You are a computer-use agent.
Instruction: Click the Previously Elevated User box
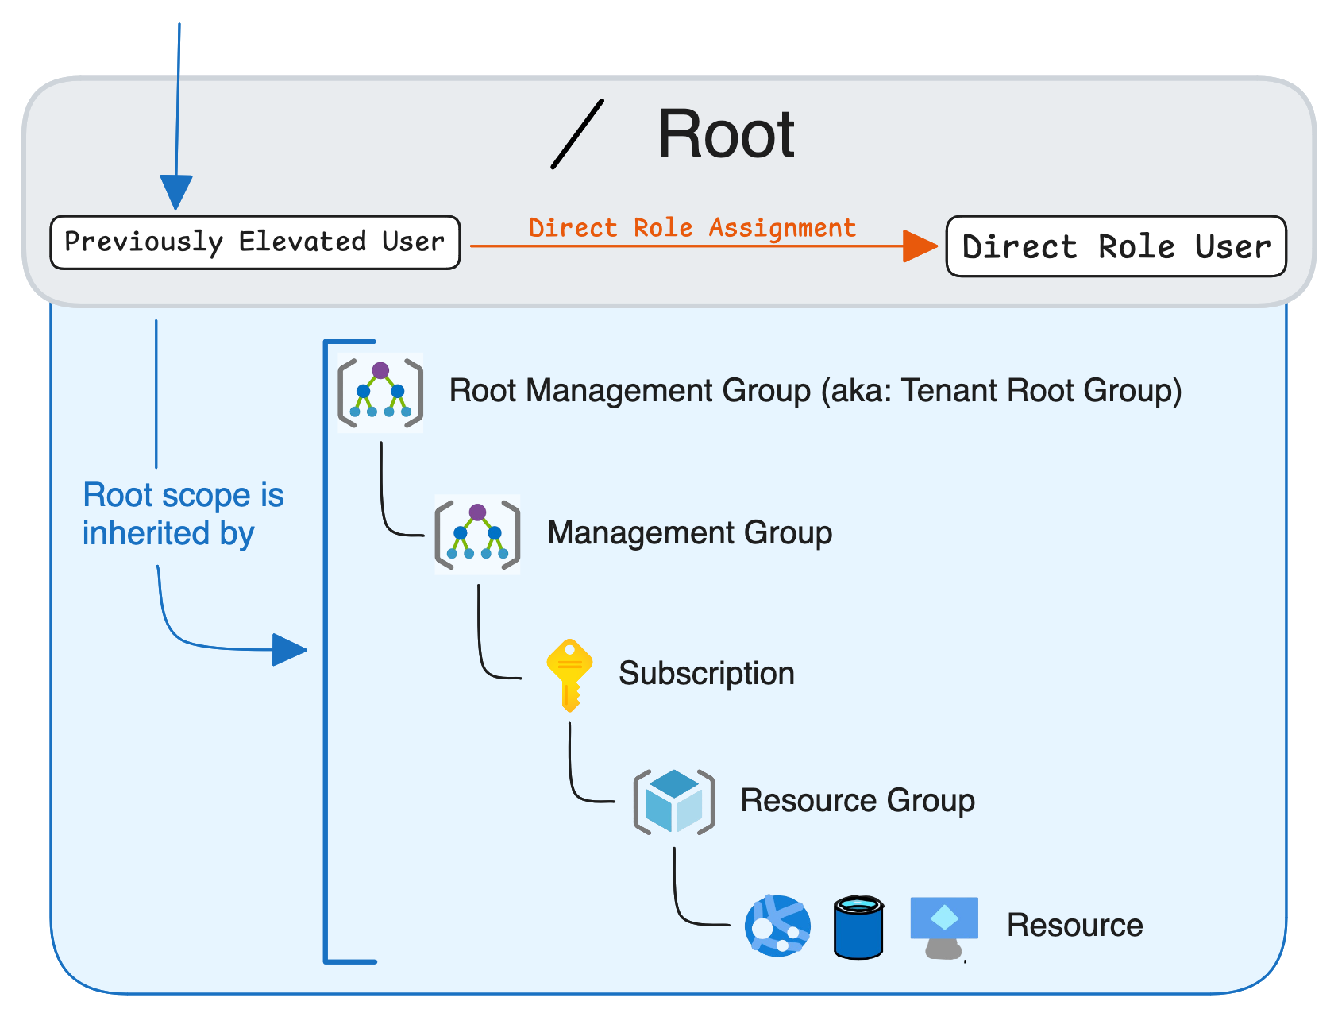255,242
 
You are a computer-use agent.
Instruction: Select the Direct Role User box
1116,246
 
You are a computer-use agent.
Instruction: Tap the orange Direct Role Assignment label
692,228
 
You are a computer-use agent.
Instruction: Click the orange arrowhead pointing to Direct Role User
921,246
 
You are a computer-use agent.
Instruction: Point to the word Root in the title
726,134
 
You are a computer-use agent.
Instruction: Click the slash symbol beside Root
578,133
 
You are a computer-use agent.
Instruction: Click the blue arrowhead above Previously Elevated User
176,191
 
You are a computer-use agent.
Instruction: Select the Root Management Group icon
380,392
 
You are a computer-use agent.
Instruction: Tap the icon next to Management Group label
477,534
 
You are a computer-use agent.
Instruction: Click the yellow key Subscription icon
569,674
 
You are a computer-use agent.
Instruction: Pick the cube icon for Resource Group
673,801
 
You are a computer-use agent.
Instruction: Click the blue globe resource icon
777,926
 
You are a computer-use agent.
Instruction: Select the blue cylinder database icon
858,926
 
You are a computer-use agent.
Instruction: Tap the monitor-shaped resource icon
944,926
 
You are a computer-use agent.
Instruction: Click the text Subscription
706,674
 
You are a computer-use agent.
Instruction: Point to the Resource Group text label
857,800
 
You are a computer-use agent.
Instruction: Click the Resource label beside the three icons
1074,926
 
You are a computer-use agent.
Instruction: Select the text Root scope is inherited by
183,514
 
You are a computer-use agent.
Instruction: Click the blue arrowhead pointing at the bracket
290,650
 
